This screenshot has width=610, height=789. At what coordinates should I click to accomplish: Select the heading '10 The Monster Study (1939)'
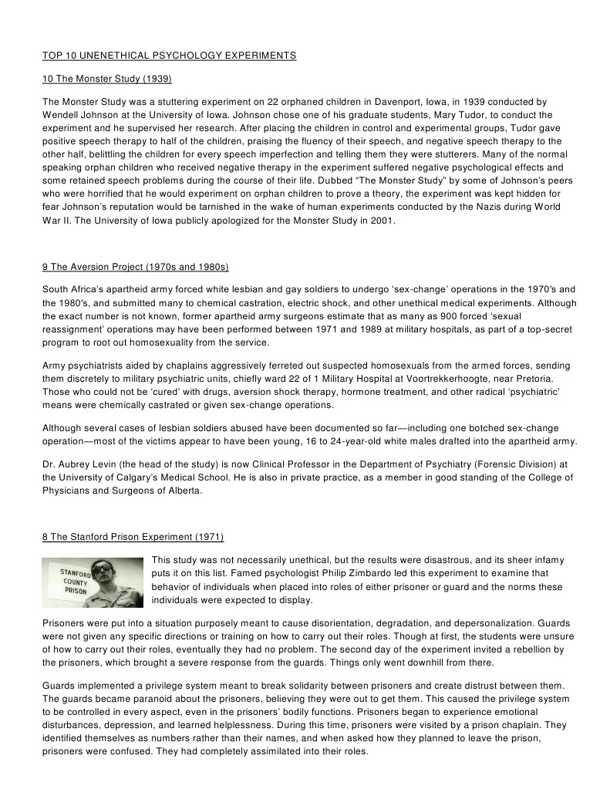106,79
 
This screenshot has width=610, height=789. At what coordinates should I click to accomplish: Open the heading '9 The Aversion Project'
136,267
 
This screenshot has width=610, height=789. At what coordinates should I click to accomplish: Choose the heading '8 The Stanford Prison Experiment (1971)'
133,537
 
